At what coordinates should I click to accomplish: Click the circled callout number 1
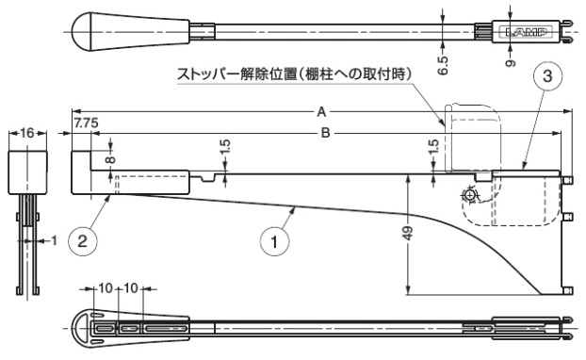[x=275, y=241]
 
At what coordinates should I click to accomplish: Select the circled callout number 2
[x=83, y=241]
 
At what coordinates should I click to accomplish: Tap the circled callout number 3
[x=547, y=76]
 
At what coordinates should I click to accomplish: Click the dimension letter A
[x=321, y=111]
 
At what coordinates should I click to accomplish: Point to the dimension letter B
[x=326, y=133]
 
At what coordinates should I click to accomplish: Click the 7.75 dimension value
[x=86, y=123]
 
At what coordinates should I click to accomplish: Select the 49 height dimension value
[x=409, y=234]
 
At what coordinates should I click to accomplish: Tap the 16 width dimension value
[x=27, y=133]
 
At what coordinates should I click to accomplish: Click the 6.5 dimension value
[x=443, y=66]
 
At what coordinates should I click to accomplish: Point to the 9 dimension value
[x=511, y=63]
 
